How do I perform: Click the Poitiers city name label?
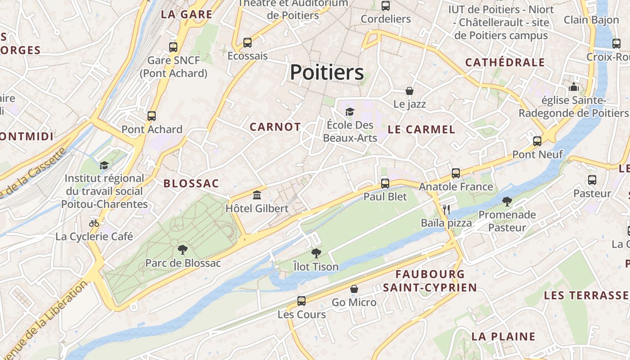[327, 72]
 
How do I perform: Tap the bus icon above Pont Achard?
[152, 116]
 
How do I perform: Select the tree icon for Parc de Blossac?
[183, 249]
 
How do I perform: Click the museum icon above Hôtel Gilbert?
[257, 195]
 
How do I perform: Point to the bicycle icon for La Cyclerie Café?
[94, 223]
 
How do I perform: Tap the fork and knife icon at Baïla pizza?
[446, 209]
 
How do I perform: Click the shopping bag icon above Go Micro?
[354, 289]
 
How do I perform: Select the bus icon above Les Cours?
[301, 301]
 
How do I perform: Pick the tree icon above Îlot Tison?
[316, 253]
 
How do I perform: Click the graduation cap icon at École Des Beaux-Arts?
[350, 111]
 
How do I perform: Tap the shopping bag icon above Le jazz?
[409, 91]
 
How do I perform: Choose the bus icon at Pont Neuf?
[537, 141]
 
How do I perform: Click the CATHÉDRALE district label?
[505, 63]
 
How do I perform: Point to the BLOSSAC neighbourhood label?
[191, 184]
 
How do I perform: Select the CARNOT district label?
[275, 127]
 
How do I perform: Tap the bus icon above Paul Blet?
[385, 183]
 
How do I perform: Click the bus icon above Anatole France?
[456, 173]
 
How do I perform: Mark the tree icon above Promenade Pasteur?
[507, 201]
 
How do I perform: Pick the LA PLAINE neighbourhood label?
[503, 336]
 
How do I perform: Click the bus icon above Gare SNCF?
[173, 47]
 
